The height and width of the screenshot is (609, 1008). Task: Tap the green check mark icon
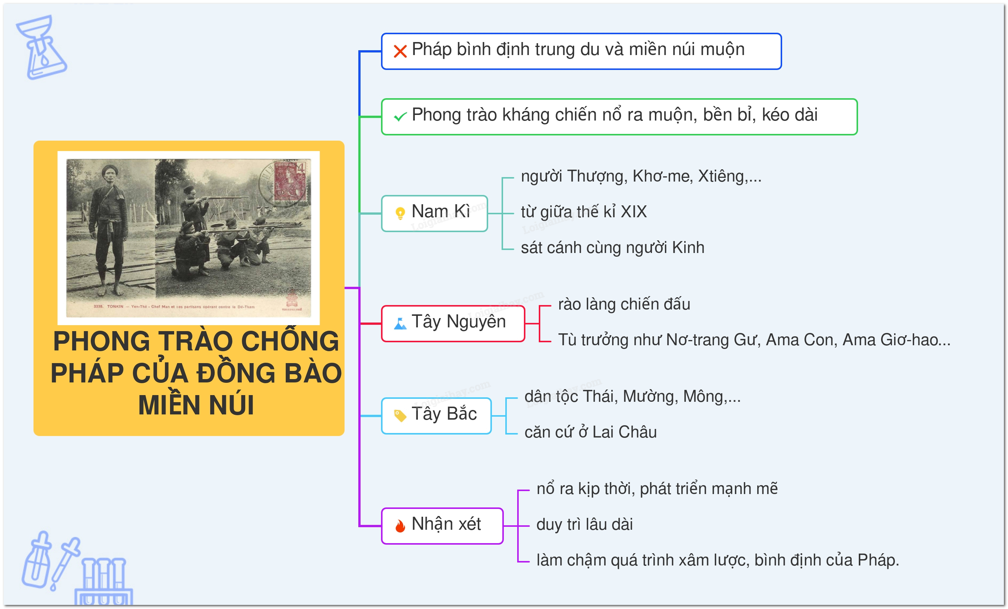pyautogui.click(x=400, y=117)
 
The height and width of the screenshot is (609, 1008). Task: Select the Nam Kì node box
pyautogui.click(x=435, y=213)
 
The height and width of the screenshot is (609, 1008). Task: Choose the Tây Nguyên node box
pyautogui.click(x=453, y=323)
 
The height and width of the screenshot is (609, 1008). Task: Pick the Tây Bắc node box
pyautogui.click(x=436, y=416)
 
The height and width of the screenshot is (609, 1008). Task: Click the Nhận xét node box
pyautogui.click(x=442, y=526)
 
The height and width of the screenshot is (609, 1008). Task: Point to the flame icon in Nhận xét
pyautogui.click(x=400, y=526)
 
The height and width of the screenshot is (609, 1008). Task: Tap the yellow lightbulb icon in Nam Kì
pyautogui.click(x=400, y=213)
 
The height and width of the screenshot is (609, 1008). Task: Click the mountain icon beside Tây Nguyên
pyautogui.click(x=400, y=324)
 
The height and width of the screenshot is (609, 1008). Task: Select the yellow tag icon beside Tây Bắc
pyautogui.click(x=400, y=416)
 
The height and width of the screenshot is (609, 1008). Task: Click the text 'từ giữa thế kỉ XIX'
pyautogui.click(x=584, y=212)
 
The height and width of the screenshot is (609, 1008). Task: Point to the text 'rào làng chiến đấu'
pyautogui.click(x=624, y=304)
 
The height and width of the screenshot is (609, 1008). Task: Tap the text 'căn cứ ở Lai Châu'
pyautogui.click(x=590, y=432)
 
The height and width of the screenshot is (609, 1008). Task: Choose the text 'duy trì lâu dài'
pyautogui.click(x=585, y=524)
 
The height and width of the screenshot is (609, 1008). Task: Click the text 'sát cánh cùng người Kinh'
pyautogui.click(x=612, y=248)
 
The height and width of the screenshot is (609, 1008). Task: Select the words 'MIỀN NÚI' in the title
pyautogui.click(x=196, y=405)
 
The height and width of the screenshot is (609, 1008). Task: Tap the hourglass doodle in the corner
pyautogui.click(x=41, y=47)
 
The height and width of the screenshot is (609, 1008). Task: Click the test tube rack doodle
pyautogui.click(x=104, y=581)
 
